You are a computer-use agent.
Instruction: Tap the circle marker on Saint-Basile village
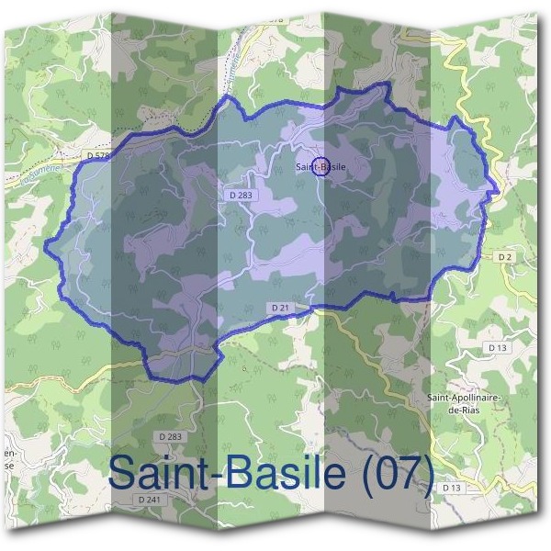click(320, 166)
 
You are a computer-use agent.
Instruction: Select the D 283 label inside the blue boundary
click(240, 196)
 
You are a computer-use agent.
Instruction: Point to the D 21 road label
click(281, 306)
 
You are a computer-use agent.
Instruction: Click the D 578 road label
click(97, 158)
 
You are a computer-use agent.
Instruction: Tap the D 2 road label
click(504, 258)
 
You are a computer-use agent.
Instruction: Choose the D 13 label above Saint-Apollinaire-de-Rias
click(498, 348)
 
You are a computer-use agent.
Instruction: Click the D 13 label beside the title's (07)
click(451, 487)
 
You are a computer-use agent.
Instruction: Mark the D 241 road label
click(148, 499)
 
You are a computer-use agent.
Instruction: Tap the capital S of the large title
click(122, 473)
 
